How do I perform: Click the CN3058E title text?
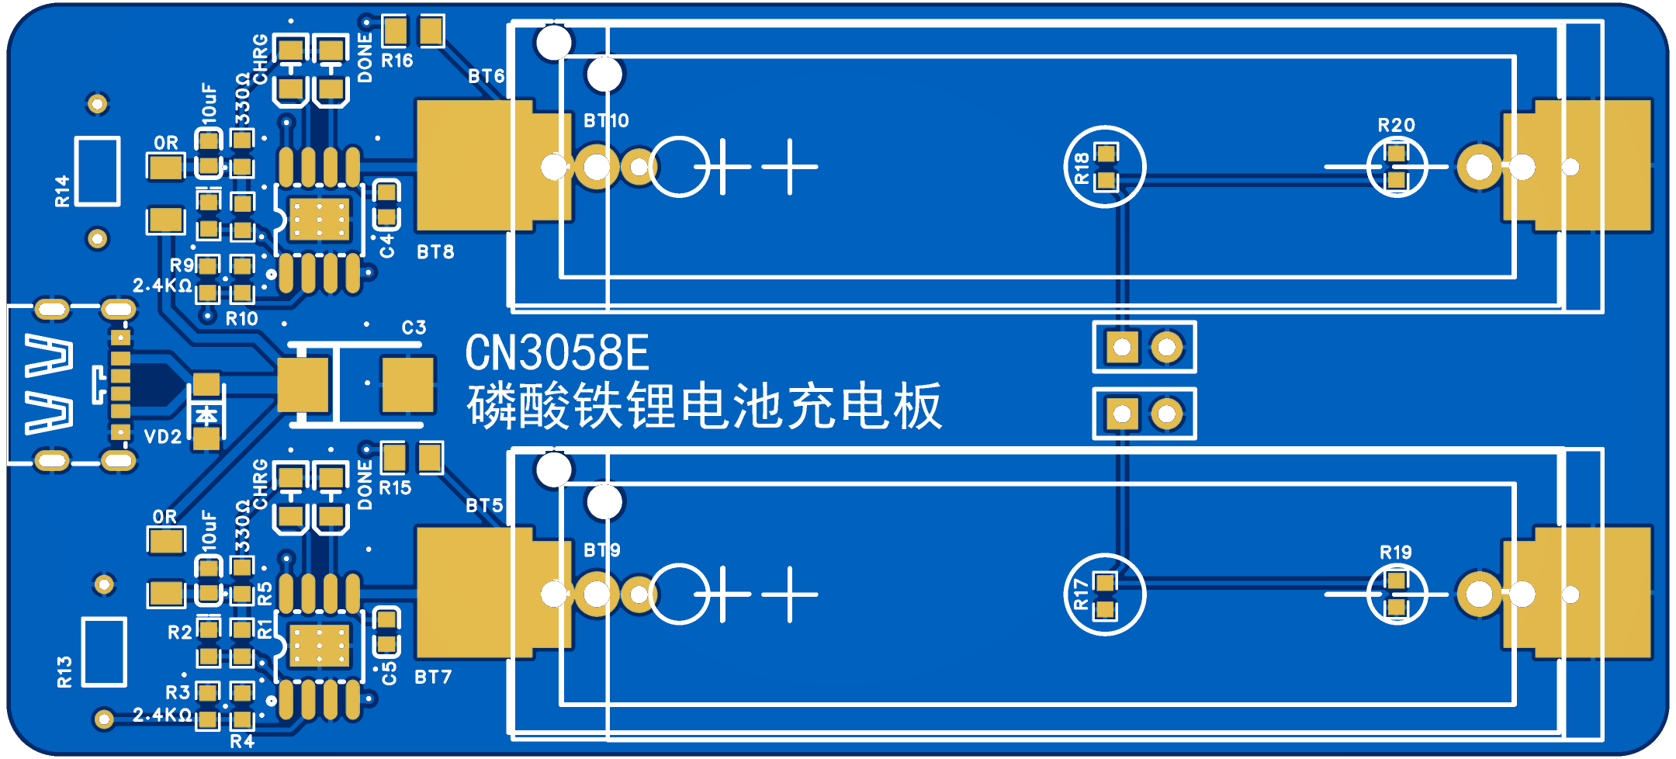[x=556, y=354]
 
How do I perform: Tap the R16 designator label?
[x=396, y=61]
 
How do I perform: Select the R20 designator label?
[x=1396, y=125]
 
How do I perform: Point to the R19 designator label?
[x=1395, y=553]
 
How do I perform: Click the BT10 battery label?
[x=606, y=121]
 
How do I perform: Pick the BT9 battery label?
[x=601, y=550]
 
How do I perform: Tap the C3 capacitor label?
[x=414, y=328]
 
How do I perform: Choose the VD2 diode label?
[x=163, y=437]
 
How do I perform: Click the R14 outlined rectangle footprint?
[x=97, y=172]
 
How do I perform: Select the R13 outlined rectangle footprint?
[x=104, y=652]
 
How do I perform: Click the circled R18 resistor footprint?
[x=1104, y=167]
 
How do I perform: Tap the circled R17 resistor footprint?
[x=1104, y=595]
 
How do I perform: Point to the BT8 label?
[x=435, y=252]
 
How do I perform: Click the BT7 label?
[x=433, y=678]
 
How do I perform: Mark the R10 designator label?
[x=241, y=319]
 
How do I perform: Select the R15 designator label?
[x=395, y=488]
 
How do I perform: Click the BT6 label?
[x=486, y=76]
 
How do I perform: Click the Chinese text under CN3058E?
[x=704, y=407]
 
